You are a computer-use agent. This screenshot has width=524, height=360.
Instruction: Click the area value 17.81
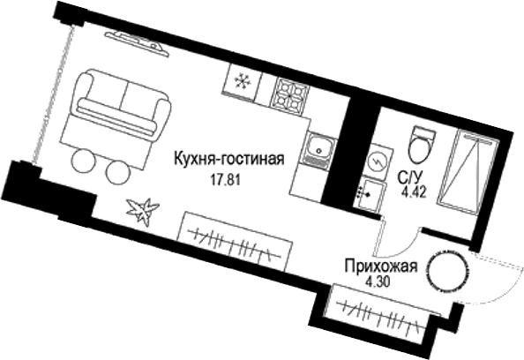(x=225, y=176)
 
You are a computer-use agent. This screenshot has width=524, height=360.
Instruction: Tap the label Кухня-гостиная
(x=228, y=160)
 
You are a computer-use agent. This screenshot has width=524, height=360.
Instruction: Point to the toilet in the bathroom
(x=421, y=142)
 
